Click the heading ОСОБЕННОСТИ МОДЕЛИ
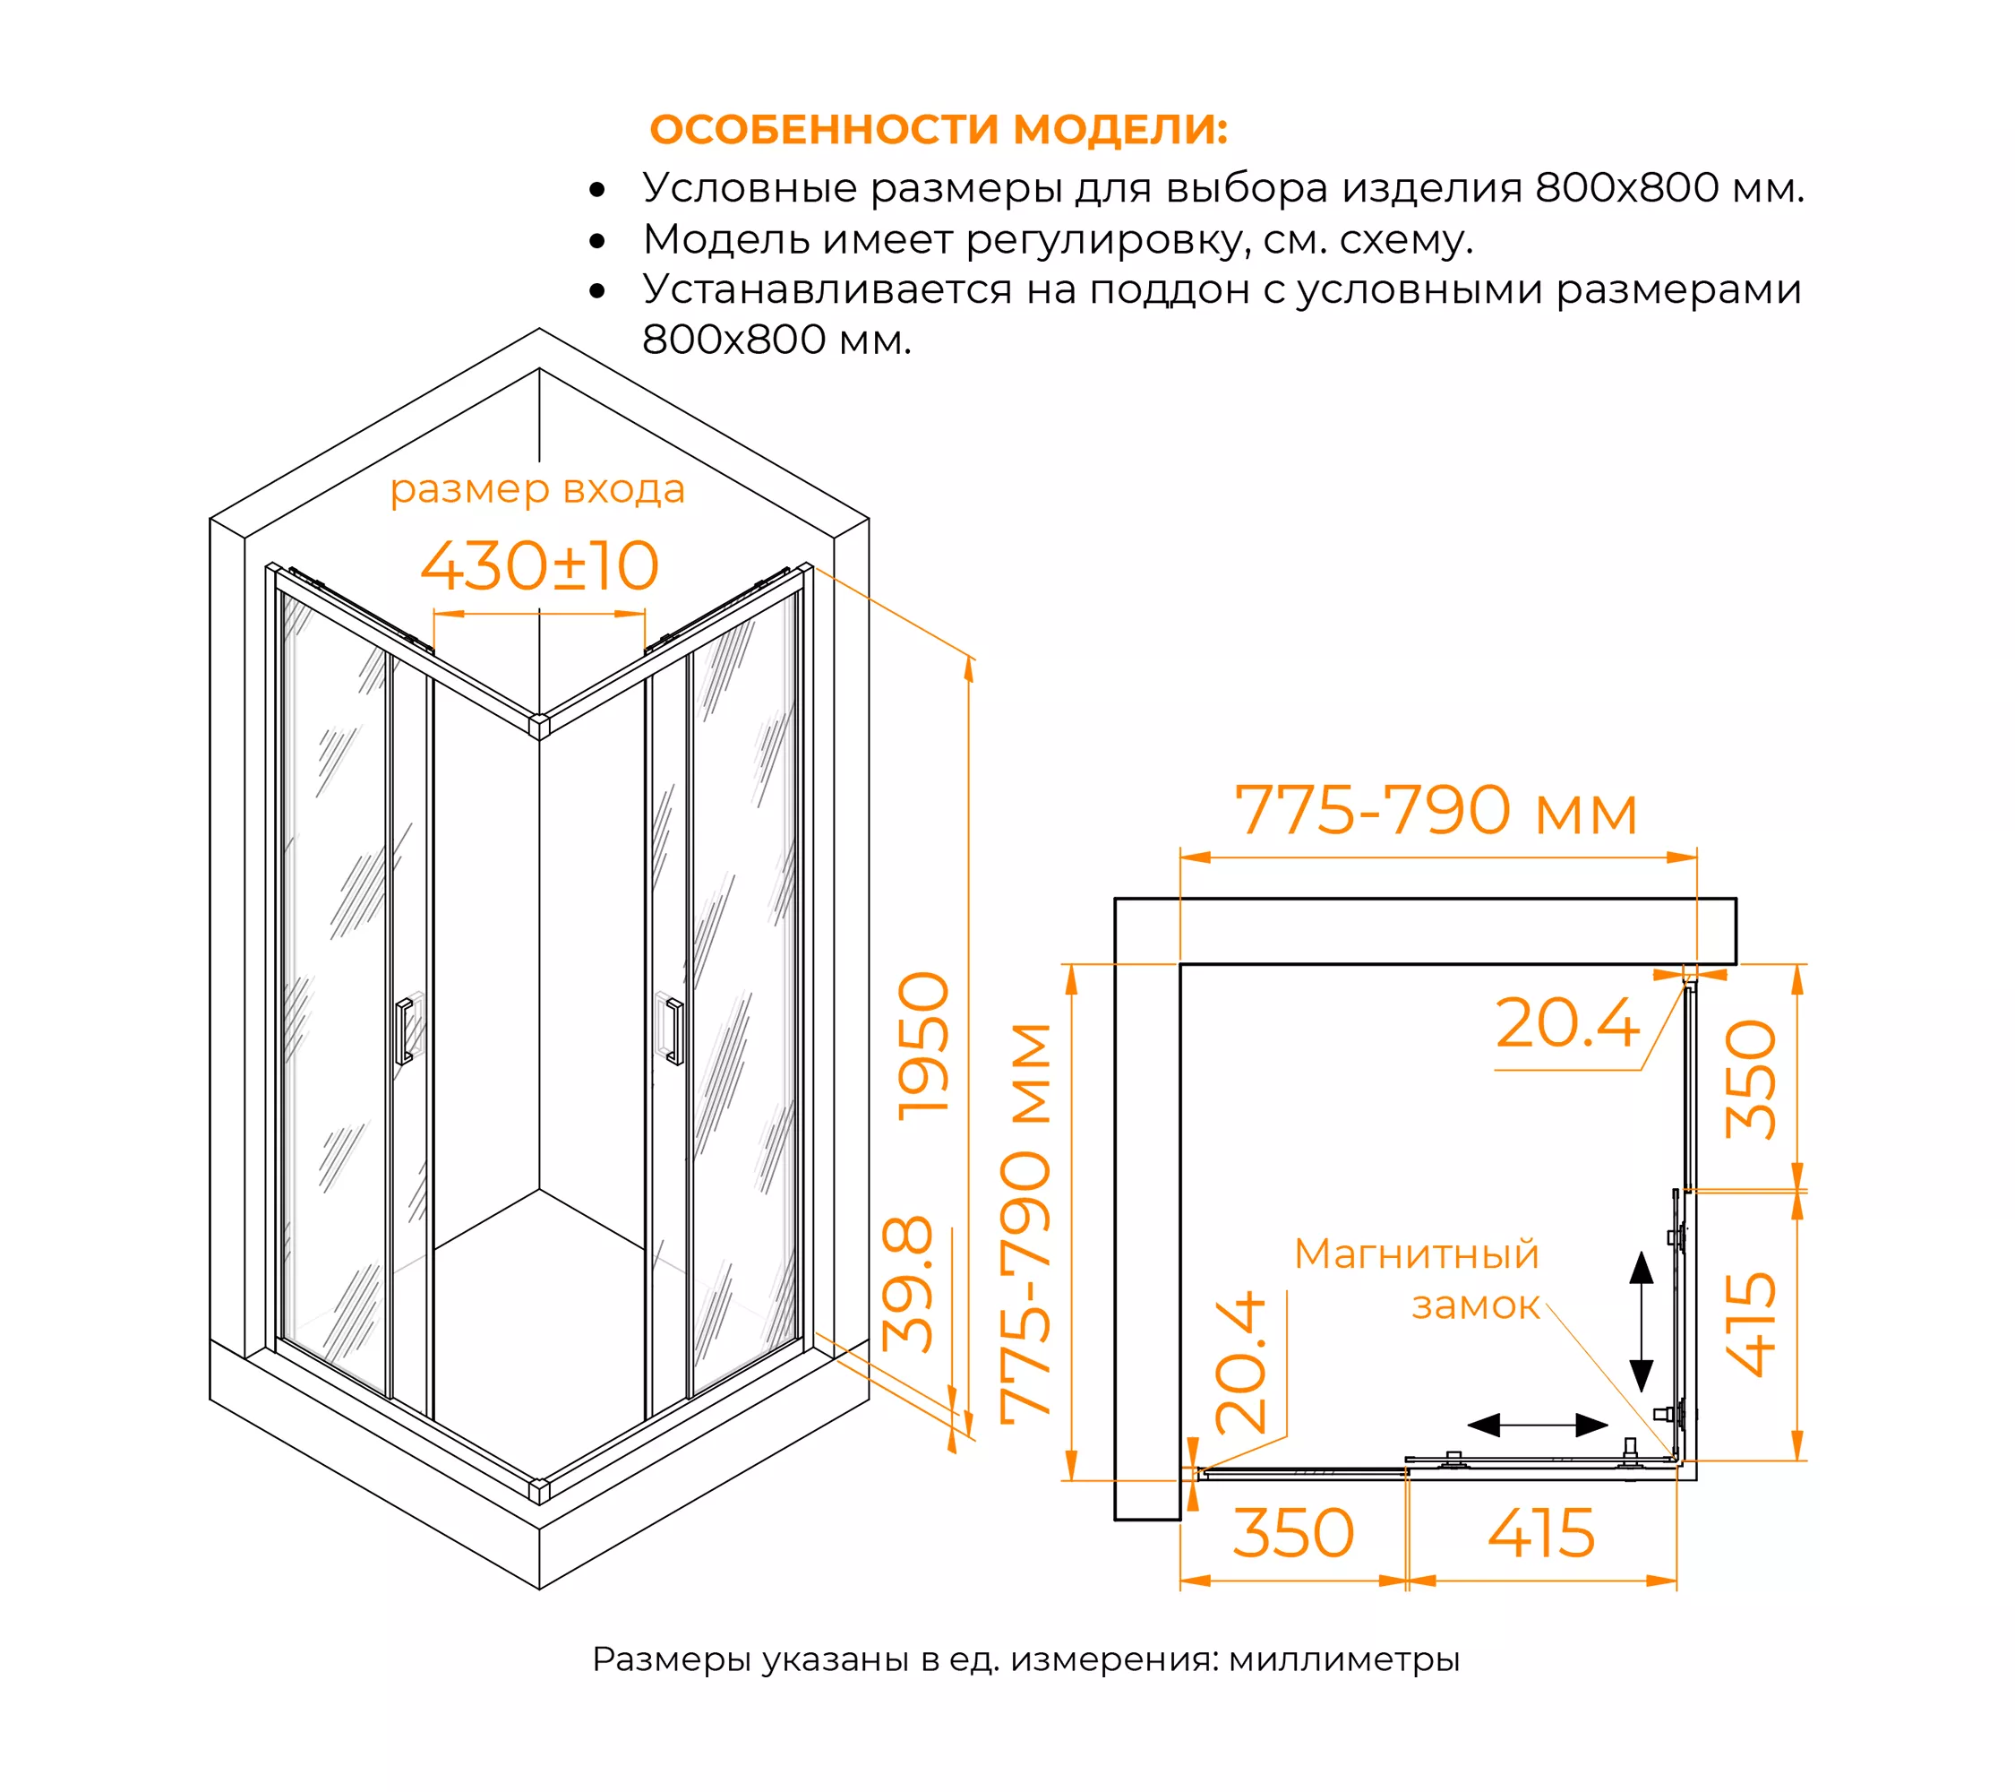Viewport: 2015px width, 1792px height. point(939,129)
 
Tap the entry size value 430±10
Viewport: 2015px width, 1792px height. point(539,565)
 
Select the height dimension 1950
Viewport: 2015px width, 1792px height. point(923,1046)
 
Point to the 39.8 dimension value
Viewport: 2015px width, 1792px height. point(907,1284)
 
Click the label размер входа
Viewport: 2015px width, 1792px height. point(537,490)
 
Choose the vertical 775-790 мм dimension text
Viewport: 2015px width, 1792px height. point(1025,1223)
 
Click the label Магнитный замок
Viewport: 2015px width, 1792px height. point(1417,1279)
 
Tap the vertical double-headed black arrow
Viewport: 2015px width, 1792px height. point(1642,1322)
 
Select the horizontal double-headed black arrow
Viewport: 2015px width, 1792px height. point(1538,1426)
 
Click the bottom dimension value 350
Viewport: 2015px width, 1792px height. point(1293,1534)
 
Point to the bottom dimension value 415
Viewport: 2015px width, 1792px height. point(1542,1534)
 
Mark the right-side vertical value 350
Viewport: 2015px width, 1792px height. point(1751,1079)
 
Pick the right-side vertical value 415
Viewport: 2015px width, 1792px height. point(1751,1323)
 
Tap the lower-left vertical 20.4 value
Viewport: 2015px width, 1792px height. point(1240,1362)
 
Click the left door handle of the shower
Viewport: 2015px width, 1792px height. point(403,1031)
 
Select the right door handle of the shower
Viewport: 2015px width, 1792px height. point(675,1031)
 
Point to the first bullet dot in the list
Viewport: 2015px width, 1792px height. point(596,189)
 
